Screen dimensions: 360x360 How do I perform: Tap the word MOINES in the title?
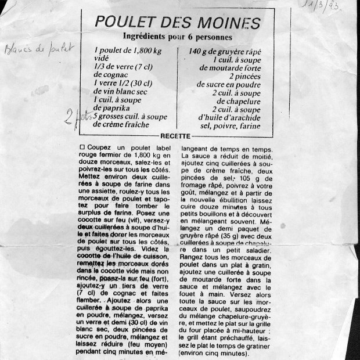coord(228,23)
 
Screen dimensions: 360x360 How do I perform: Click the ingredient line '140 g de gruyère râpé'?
coord(230,51)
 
